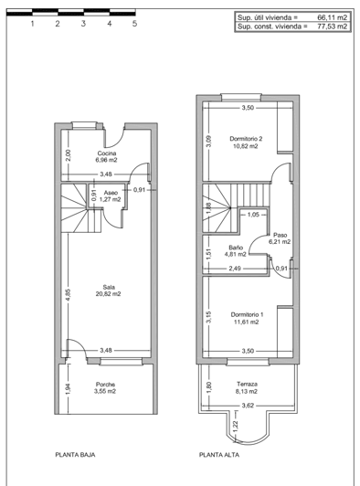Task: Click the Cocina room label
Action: pos(107,153)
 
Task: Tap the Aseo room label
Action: pos(111,193)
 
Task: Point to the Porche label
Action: pos(106,385)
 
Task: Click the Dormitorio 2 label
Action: pos(247,139)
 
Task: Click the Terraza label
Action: pos(247,385)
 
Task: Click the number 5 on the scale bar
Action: pos(134,25)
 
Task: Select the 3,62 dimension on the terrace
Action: pos(247,405)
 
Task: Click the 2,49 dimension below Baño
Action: pos(235,268)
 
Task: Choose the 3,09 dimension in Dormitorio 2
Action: pos(208,141)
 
